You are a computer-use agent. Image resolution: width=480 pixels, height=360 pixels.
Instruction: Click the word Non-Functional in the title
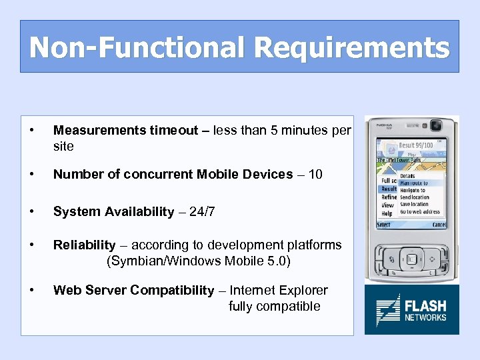(x=137, y=48)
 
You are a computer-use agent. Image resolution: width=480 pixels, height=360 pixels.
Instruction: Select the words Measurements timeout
(x=125, y=131)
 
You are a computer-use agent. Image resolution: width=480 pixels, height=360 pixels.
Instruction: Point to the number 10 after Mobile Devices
(x=315, y=175)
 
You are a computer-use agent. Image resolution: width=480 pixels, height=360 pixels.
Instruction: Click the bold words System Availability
(x=113, y=211)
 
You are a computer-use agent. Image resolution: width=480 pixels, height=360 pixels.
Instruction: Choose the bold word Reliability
(x=84, y=245)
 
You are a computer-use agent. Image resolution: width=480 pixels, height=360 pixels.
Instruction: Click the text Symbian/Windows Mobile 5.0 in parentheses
(x=199, y=261)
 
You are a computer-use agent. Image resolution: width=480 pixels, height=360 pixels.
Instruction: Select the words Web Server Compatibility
(x=133, y=290)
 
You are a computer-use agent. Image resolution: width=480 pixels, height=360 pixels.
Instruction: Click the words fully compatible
(x=274, y=307)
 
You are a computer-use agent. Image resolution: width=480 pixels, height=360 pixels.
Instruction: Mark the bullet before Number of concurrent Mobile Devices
(x=32, y=175)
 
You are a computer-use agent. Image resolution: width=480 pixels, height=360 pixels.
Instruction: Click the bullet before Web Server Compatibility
(x=32, y=290)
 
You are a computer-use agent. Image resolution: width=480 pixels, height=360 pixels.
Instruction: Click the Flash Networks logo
(x=411, y=309)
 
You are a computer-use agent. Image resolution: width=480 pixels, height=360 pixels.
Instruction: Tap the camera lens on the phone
(x=436, y=126)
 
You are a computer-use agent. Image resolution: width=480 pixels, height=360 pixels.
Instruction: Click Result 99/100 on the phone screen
(x=416, y=145)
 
